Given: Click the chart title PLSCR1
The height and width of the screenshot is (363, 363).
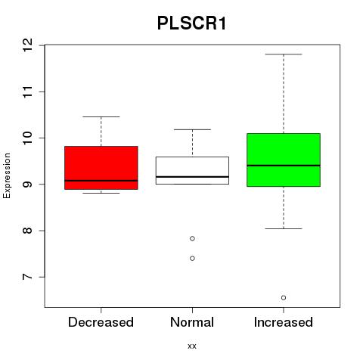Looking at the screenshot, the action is [191, 23].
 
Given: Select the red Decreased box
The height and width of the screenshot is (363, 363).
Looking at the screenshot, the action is [101, 168].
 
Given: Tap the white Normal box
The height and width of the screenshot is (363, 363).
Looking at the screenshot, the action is [192, 170].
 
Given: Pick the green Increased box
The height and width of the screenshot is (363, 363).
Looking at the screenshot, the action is [284, 160].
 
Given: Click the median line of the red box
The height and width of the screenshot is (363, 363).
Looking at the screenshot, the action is [101, 181].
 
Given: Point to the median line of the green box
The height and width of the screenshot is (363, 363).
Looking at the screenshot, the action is [284, 166].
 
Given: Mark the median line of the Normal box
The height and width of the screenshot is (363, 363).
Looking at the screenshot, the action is [192, 177].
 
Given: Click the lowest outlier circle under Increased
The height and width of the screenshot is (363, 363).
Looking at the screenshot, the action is [284, 298].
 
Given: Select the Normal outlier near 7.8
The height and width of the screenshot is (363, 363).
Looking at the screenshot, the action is [192, 238].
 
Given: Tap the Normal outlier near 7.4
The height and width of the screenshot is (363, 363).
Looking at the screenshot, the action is [192, 259].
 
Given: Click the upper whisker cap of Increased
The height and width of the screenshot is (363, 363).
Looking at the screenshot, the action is [284, 54].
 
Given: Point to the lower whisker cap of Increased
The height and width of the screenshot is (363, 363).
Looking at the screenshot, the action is [284, 228].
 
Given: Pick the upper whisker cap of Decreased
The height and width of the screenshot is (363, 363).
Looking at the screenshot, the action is [101, 116].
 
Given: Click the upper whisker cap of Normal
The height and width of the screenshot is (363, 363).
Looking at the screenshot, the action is [192, 129].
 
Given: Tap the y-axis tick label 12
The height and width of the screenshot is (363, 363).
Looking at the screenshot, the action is [27, 45].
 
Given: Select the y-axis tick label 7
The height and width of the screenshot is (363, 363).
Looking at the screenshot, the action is [27, 277].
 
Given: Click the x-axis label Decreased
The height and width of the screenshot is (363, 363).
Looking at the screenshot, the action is [101, 322].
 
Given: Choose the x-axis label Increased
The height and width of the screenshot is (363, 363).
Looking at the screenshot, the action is [284, 322].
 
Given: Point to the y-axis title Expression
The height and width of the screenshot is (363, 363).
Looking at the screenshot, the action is [7, 175].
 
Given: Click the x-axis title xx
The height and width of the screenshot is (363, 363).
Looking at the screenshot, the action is [192, 346].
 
